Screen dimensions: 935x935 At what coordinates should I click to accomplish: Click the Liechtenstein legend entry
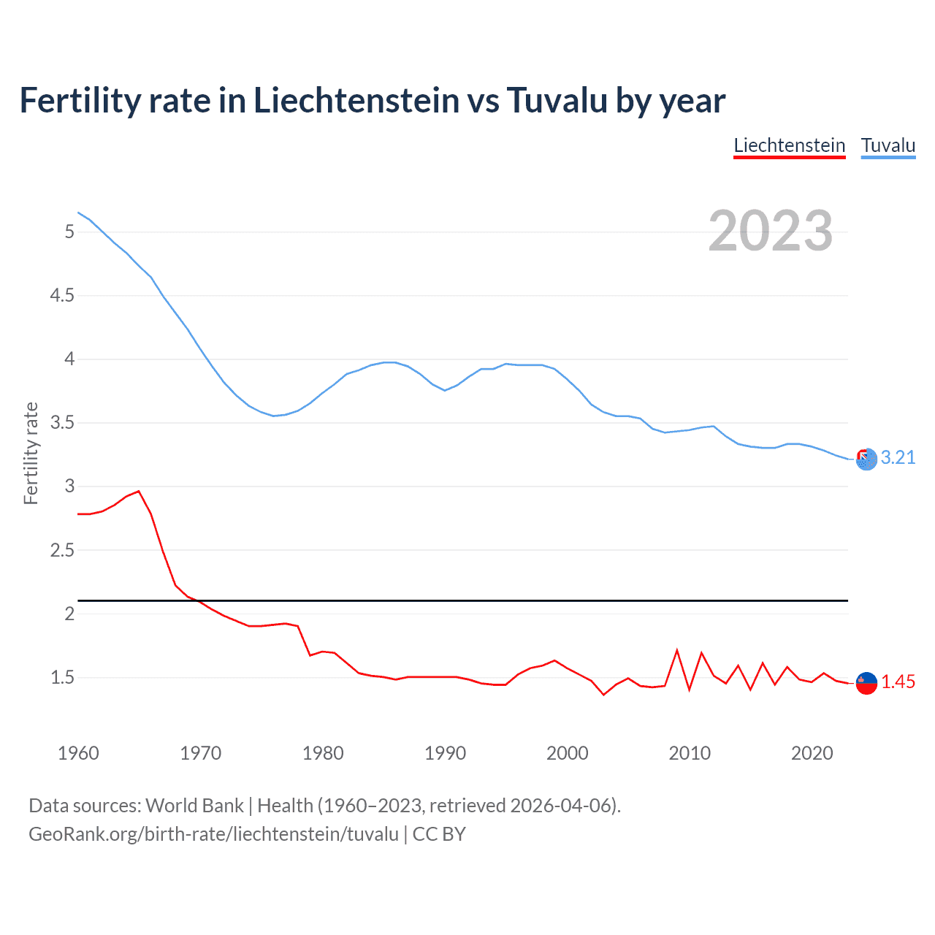click(x=789, y=145)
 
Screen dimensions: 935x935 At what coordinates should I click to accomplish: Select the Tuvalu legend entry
click(x=888, y=145)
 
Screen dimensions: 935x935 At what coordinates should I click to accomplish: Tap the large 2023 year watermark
click(x=770, y=231)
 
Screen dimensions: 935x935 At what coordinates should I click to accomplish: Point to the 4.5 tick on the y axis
click(x=62, y=295)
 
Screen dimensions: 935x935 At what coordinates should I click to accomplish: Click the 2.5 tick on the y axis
click(x=62, y=550)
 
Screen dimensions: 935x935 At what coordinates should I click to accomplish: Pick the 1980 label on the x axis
click(x=323, y=753)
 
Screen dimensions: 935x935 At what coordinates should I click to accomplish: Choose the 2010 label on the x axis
click(x=690, y=753)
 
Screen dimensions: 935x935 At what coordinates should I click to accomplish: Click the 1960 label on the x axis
click(x=78, y=753)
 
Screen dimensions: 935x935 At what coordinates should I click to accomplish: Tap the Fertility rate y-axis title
click(x=31, y=453)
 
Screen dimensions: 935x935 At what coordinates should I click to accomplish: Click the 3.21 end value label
click(x=898, y=457)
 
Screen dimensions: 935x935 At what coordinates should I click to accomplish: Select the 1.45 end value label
click(x=898, y=682)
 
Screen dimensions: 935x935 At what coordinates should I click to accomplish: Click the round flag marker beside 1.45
click(x=866, y=682)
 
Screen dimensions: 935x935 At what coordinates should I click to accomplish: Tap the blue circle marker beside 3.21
click(x=866, y=459)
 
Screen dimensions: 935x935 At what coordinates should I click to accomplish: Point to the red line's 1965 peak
click(x=139, y=491)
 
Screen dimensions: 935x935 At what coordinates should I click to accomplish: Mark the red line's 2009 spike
click(x=677, y=650)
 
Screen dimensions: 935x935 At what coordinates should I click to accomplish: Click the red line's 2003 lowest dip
click(x=603, y=695)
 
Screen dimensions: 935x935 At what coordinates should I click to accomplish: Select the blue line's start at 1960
click(x=78, y=213)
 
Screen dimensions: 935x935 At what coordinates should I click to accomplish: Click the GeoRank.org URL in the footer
click(x=213, y=834)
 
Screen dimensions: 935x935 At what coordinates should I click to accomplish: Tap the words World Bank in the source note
click(x=194, y=806)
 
